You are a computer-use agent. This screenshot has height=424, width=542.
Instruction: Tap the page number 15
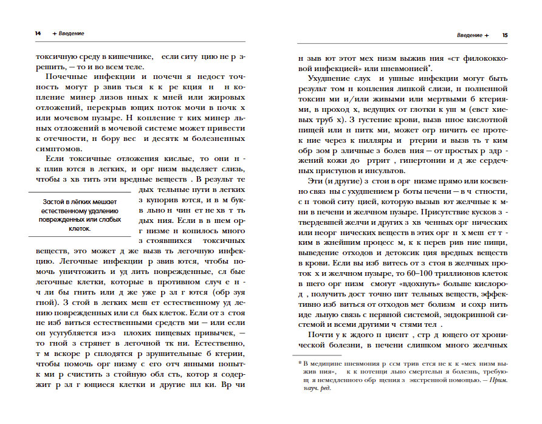click(505, 35)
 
